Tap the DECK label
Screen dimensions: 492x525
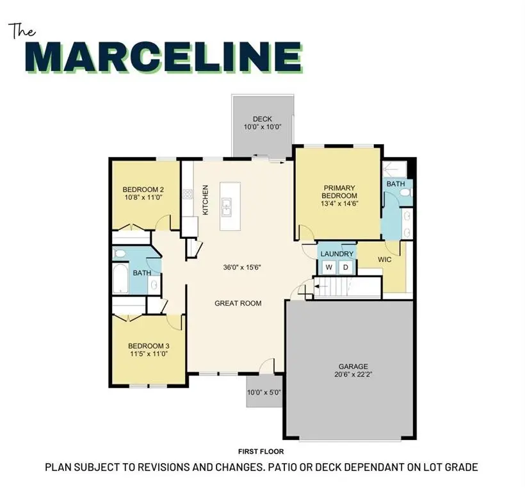click(x=262, y=119)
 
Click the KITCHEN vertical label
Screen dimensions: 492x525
click(x=206, y=200)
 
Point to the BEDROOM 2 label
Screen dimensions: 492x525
click(x=144, y=190)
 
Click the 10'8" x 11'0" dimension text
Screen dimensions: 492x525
click(x=144, y=199)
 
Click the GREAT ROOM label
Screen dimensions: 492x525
click(x=238, y=303)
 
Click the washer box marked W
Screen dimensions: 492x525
click(x=328, y=266)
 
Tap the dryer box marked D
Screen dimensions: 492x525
click(x=346, y=266)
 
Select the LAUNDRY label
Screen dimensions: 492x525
click(x=337, y=254)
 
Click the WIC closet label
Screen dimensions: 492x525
click(x=385, y=259)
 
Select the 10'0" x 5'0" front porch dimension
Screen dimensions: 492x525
click(x=264, y=392)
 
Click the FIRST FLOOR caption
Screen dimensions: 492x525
click(x=261, y=452)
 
